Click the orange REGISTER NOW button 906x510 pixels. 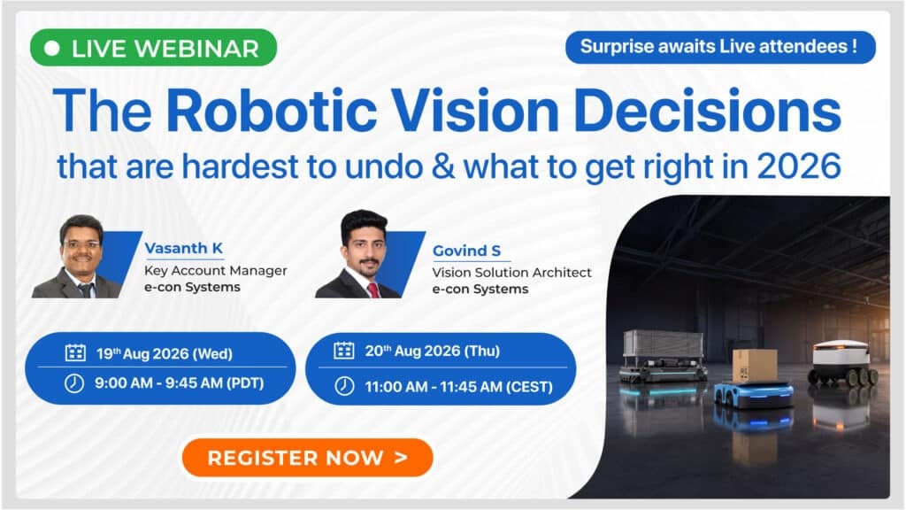[307, 458]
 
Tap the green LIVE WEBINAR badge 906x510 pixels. [154, 48]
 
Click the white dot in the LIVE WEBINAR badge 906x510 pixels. [52, 48]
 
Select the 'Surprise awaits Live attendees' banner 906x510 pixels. [720, 47]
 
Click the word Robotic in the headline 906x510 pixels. [272, 110]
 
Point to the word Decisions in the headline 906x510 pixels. [708, 110]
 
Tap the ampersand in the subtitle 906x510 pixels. [443, 166]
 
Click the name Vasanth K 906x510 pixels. [184, 248]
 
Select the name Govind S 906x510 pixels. [467, 251]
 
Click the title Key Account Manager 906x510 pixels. [216, 271]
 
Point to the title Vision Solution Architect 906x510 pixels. [512, 273]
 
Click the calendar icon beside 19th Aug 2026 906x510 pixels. [75, 352]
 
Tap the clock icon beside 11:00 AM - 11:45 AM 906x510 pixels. [344, 386]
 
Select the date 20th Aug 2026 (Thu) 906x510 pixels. [432, 351]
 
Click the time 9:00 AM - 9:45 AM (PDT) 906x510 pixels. [179, 383]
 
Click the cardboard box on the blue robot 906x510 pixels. [754, 366]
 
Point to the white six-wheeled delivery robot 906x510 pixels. [843, 363]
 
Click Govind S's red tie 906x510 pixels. [373, 290]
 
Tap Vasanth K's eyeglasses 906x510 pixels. [81, 245]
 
